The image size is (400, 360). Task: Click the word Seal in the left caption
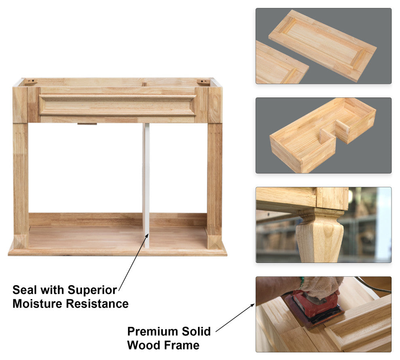tap(25, 290)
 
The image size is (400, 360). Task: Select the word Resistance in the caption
tap(97, 304)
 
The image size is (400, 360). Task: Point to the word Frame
tap(181, 345)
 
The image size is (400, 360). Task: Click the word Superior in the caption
tap(92, 290)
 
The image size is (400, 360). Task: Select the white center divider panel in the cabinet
tap(146, 186)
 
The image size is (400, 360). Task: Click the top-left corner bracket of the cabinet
tap(31, 82)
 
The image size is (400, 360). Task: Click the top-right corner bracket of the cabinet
tap(203, 82)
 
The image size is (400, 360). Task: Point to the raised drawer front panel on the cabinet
tap(117, 105)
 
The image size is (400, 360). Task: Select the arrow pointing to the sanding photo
tap(235, 318)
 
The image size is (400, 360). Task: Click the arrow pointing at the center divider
tap(134, 262)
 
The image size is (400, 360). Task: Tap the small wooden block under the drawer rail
tap(87, 124)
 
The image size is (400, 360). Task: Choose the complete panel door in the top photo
tap(322, 46)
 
